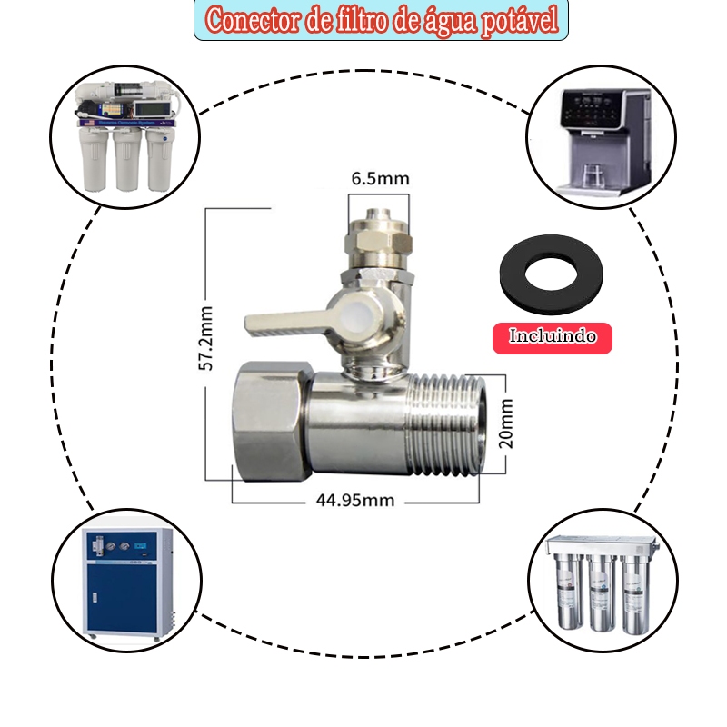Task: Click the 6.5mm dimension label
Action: [380, 178]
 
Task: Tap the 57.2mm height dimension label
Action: [205, 338]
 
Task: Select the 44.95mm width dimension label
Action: [355, 501]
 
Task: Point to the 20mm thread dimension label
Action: [506, 423]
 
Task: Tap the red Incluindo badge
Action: [553, 338]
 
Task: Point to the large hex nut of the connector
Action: [271, 421]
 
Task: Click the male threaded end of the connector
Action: [445, 424]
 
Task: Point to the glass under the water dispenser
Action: [590, 175]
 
